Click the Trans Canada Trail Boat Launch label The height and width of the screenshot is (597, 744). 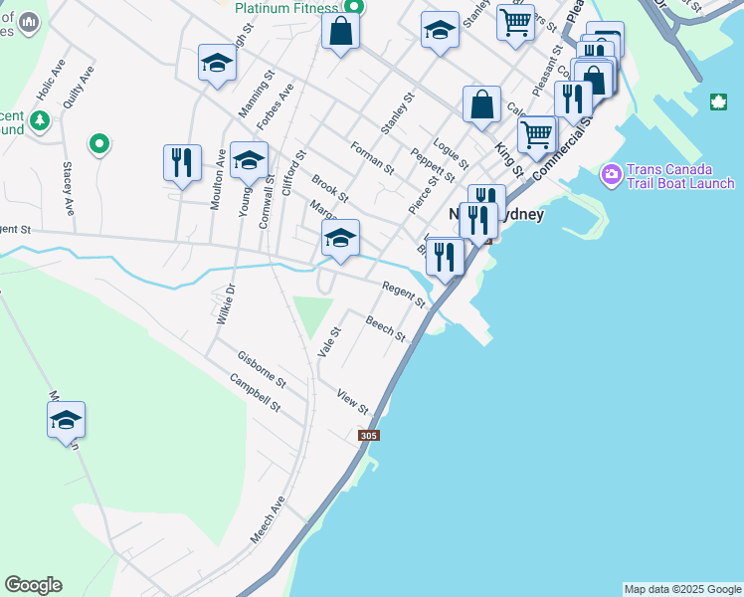click(x=680, y=176)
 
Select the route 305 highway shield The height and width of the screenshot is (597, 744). click(x=369, y=436)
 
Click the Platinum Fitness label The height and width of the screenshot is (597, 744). click(x=287, y=8)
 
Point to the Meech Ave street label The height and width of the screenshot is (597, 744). click(x=268, y=519)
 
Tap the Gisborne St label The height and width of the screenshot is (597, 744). click(x=262, y=369)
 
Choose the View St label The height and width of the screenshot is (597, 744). click(x=352, y=401)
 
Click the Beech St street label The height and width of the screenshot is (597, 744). click(x=385, y=328)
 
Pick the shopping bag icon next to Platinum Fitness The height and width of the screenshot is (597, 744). click(x=340, y=31)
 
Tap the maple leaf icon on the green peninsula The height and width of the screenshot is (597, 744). click(x=718, y=102)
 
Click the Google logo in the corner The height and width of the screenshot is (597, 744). click(x=33, y=585)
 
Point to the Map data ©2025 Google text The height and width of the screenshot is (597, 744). click(x=682, y=589)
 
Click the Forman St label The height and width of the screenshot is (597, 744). click(x=374, y=157)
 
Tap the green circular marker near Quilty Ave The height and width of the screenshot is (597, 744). click(x=98, y=145)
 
